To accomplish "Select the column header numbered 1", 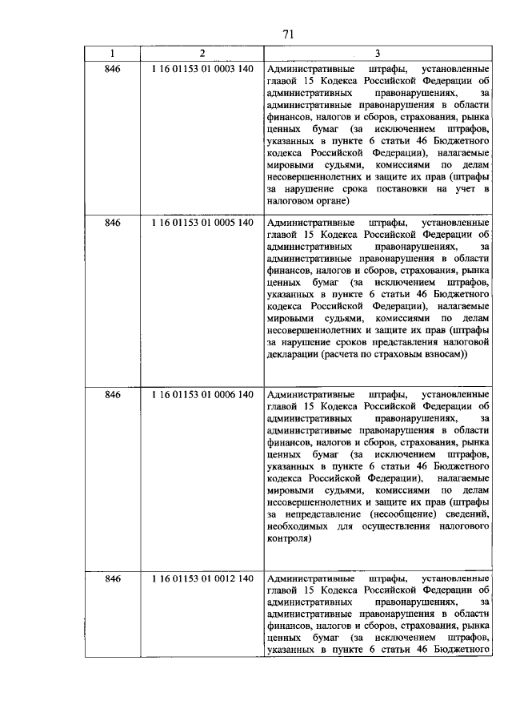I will (x=112, y=54).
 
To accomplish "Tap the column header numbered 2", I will (x=202, y=54).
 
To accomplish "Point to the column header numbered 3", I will (x=378, y=54).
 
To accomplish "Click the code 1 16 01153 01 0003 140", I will (x=202, y=69).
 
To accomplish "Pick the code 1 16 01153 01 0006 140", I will (x=202, y=395).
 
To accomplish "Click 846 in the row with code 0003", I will (x=112, y=69).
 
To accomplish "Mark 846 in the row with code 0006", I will (x=112, y=395).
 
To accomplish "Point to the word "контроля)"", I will (x=288, y=540).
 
